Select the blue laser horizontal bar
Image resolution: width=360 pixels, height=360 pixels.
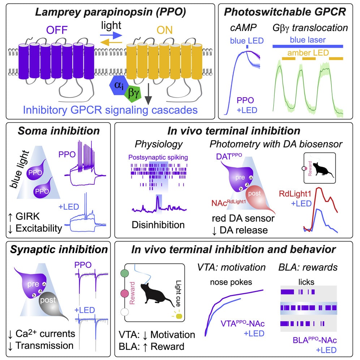(307, 46)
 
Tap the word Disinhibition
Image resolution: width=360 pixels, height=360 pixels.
(158, 224)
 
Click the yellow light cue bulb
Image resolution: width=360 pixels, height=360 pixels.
(179, 317)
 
